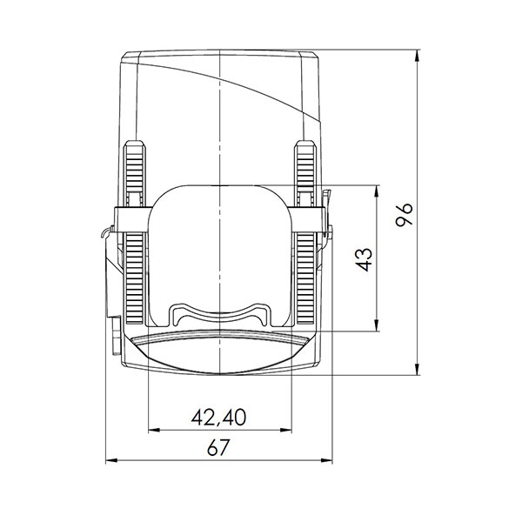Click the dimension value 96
pyautogui.click(x=404, y=214)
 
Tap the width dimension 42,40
pyautogui.click(x=218, y=418)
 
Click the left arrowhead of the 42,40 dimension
pyautogui.click(x=155, y=430)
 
